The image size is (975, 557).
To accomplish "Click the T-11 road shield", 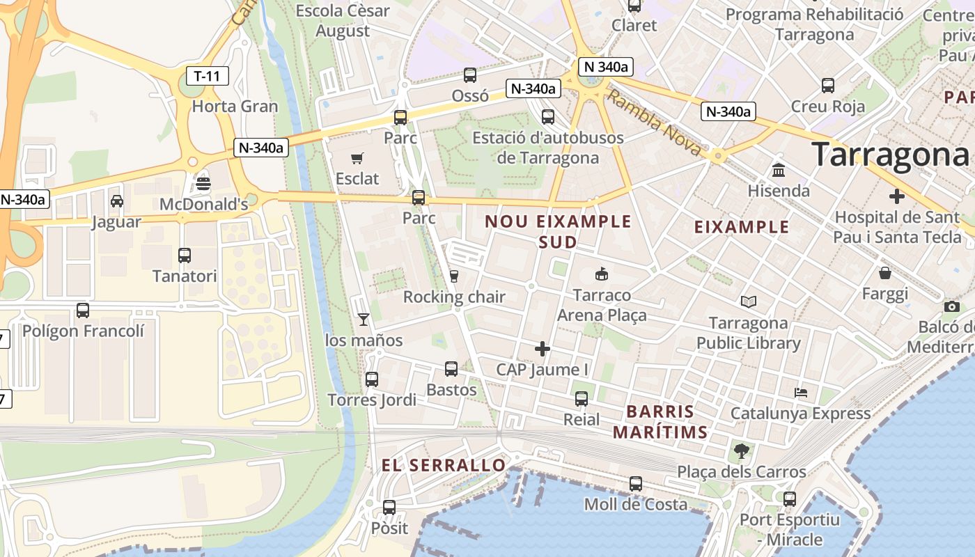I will tap(208, 76).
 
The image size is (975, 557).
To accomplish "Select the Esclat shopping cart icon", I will tap(357, 158).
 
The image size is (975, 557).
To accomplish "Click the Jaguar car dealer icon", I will tap(117, 201).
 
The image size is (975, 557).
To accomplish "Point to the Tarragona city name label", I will tap(889, 155).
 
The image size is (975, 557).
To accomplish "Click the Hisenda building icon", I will tap(779, 170).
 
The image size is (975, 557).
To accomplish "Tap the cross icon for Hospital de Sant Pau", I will tap(897, 196).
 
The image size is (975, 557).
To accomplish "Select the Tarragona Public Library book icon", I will tap(749, 302).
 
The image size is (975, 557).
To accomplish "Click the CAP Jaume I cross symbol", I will tap(543, 349).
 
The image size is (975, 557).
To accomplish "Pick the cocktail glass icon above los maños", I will tap(364, 320).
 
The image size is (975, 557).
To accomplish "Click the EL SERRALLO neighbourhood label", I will tap(444, 465).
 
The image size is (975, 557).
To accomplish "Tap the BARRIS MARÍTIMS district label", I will tap(660, 421).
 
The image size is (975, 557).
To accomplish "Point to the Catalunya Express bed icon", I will tap(801, 393).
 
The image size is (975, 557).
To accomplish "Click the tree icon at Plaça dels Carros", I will tap(742, 451).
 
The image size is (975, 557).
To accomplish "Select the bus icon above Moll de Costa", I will tap(635, 483).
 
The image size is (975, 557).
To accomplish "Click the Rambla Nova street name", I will tap(654, 123).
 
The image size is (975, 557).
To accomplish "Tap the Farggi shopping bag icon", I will tap(884, 273).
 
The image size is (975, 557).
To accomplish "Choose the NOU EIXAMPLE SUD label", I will tap(558, 231).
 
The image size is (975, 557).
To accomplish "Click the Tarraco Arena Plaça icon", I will tap(602, 274).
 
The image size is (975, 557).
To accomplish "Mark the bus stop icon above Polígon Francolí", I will tap(83, 310).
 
